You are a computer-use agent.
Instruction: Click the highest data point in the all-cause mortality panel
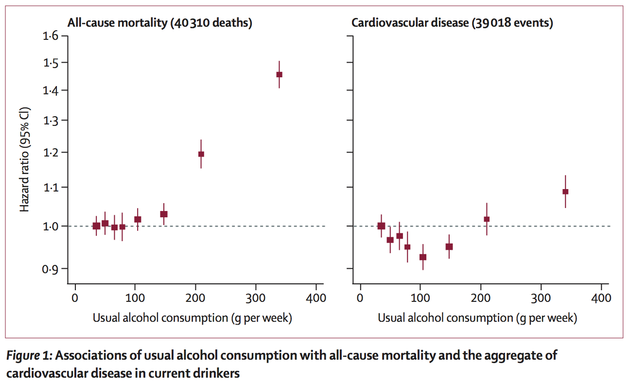coord(279,74)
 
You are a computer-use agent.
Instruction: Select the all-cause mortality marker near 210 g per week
coord(201,154)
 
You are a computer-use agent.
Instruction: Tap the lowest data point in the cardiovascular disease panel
coord(423,257)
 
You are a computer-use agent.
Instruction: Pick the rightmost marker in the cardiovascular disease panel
coord(565,192)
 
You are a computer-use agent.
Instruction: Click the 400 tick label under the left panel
coord(316,298)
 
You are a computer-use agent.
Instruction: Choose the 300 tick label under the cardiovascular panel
coord(541,298)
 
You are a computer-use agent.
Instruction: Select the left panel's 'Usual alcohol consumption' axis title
coord(192,318)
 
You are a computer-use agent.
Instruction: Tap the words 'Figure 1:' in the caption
coord(30,355)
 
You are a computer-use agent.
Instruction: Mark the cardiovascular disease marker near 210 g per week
coord(487,219)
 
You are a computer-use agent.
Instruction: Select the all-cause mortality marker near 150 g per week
coord(164,214)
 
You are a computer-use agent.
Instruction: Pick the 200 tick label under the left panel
coord(195,298)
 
